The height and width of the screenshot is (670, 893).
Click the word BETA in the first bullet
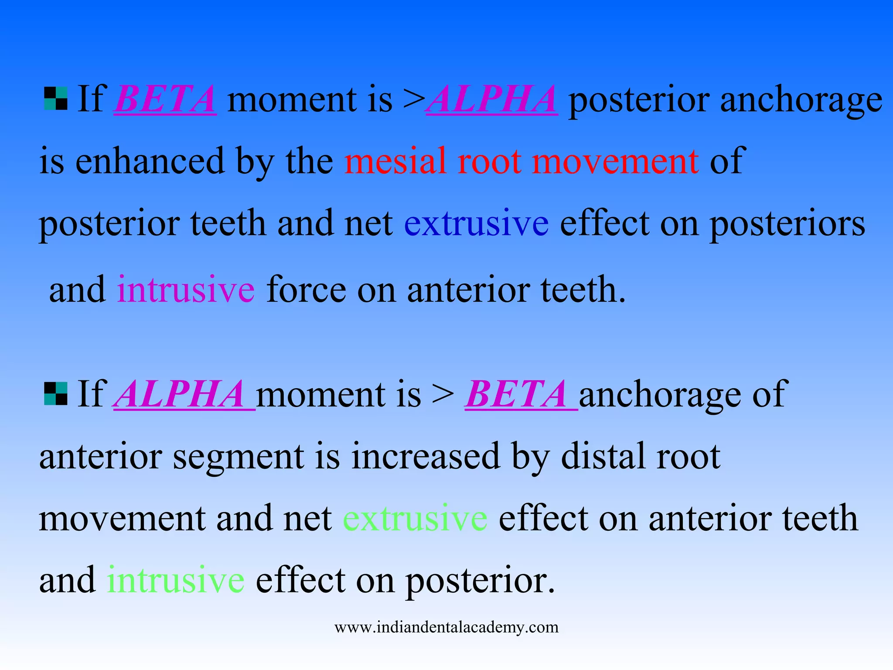click(165, 99)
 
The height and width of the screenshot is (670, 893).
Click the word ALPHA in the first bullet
click(492, 99)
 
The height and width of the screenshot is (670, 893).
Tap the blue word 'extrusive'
click(476, 223)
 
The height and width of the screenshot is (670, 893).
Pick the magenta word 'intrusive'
click(186, 290)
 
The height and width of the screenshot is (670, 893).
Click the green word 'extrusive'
click(415, 518)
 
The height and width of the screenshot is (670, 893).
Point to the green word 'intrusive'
click(176, 580)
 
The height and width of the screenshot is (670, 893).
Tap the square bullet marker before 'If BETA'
click(56, 99)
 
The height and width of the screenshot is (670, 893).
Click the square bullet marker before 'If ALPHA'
click(56, 393)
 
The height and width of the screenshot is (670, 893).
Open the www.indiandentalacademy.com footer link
click(446, 627)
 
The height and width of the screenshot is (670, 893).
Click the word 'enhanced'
click(150, 161)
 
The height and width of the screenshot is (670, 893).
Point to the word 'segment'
click(238, 456)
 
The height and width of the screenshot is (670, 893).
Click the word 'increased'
click(426, 456)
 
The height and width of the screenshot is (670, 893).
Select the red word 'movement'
click(615, 161)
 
